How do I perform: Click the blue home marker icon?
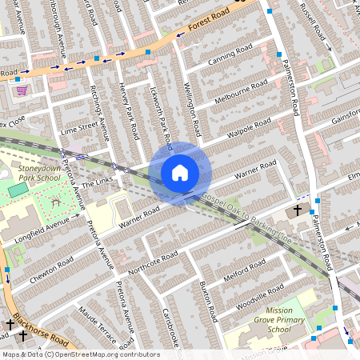180,172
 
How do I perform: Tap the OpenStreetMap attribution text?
80,354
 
